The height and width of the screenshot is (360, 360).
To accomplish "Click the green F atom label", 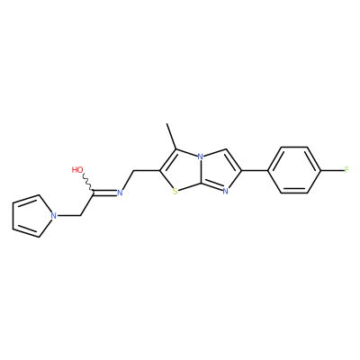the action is pos(346,170).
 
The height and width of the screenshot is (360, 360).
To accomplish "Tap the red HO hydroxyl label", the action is pos(77,170).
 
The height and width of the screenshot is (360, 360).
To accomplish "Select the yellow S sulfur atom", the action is pos(175,192).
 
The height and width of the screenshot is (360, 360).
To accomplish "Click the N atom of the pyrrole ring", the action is pos(54,215).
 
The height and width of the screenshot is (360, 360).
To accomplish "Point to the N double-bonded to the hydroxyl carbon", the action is pos(120,193).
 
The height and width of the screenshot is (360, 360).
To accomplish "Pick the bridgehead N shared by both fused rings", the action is pos(201,157).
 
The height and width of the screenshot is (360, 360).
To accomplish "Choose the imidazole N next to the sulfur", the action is pos(226,193).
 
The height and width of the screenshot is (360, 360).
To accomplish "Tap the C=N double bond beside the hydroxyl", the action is pos(105,193).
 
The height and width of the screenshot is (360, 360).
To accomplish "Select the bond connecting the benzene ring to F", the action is pos(333,170).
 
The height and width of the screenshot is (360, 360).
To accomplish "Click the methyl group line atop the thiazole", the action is pos(172,137).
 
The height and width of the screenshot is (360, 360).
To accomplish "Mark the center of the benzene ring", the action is pos(295,170).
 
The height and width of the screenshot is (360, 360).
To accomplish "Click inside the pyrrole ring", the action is pos(31,216).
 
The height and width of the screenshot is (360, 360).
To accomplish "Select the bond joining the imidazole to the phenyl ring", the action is pos(256,170).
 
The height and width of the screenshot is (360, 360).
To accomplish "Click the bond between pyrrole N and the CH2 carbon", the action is pos(68,215).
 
